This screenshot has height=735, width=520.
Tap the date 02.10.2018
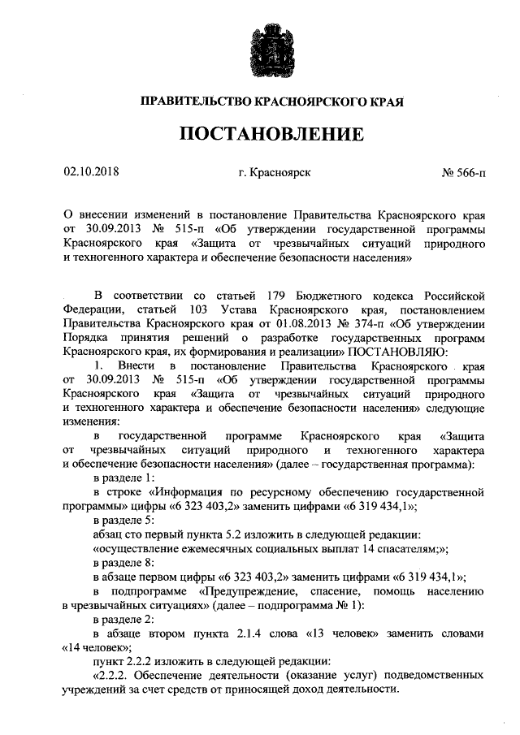pyautogui.click(x=91, y=171)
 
